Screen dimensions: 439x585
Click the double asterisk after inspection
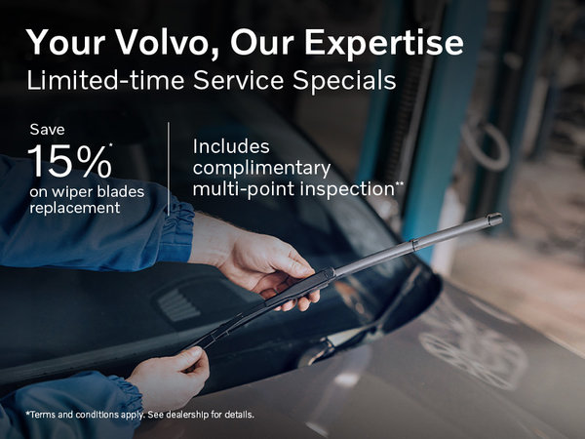point(399,182)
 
